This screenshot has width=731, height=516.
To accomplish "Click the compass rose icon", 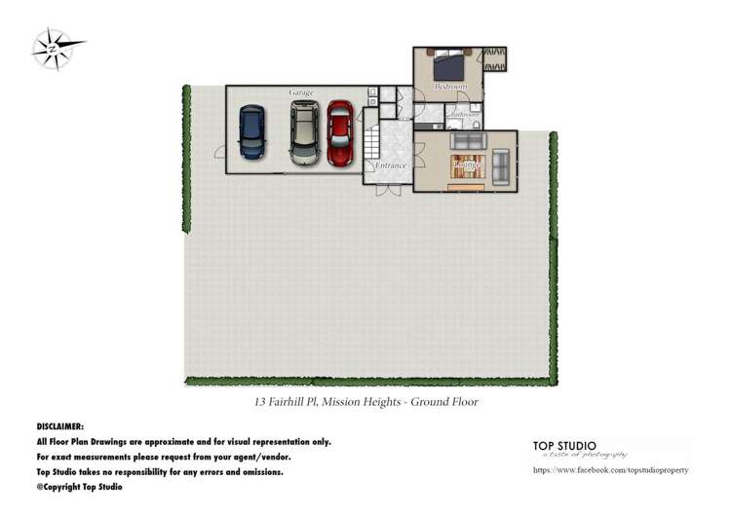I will (53, 47).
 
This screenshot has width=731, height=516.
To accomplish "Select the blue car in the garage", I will (251, 130).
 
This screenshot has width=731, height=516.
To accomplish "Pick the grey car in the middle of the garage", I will (303, 133).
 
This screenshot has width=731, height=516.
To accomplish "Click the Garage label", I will (301, 92).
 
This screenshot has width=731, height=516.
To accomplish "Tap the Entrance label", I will (391, 166).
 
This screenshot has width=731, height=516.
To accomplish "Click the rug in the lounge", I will (466, 166).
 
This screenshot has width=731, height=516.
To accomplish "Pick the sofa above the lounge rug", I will (466, 141).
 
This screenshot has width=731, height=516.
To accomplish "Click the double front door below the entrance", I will (388, 188).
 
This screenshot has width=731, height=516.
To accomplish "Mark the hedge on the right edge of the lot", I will (554, 253).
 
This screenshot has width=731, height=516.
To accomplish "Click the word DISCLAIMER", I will (60, 426).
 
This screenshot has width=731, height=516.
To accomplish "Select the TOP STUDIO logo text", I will (564, 446).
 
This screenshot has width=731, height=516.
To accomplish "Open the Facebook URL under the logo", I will (611, 470).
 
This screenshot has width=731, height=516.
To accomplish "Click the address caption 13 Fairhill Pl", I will (360, 401).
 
